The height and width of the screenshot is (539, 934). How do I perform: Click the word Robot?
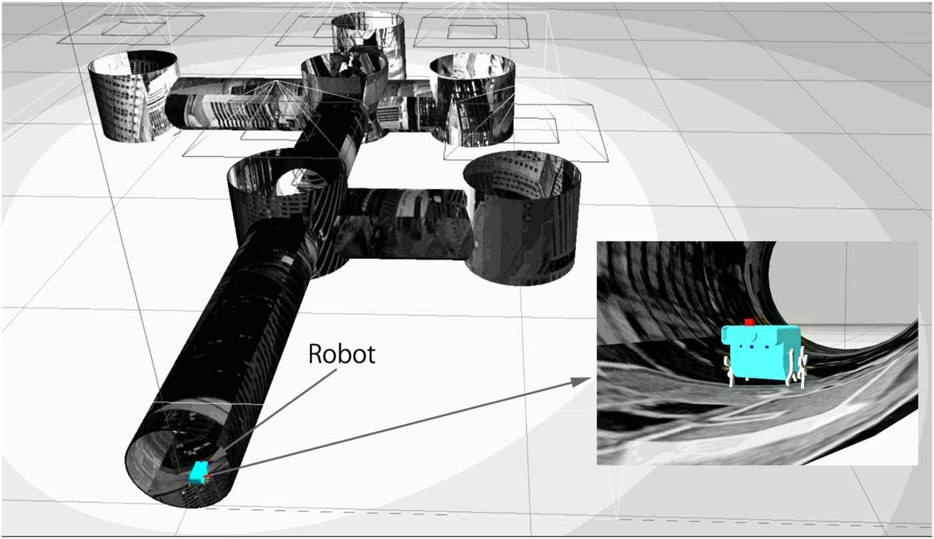click(x=342, y=354)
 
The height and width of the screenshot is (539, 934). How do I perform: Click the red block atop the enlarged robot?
click(x=749, y=322)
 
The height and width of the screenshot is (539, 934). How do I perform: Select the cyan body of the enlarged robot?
click(x=761, y=352)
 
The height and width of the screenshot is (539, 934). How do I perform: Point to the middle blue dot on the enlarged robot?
click(x=752, y=346)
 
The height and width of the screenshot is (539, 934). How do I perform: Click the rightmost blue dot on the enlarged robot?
click(x=767, y=347)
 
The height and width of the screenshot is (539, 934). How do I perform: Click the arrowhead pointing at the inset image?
click(x=581, y=382)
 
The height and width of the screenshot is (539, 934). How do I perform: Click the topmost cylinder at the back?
click(x=368, y=41)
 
